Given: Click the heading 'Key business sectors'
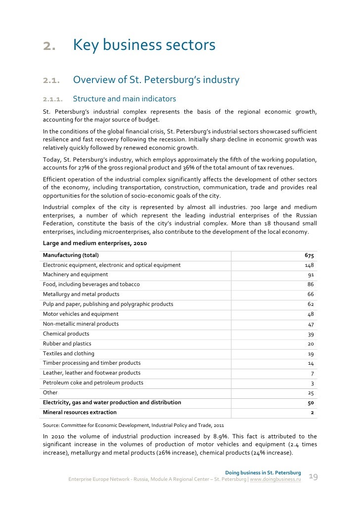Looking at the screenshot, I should coord(144,45).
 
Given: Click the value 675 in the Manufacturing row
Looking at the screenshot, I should coord(309,255).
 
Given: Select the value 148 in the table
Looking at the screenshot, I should coord(310,265).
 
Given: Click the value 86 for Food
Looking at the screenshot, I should coord(311,285).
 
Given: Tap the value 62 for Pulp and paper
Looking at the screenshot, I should coord(311,304).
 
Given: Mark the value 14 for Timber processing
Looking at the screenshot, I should coord(311,363).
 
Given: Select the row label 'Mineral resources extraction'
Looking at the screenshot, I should coord(80,412).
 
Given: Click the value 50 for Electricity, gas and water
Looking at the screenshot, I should coord(311,403).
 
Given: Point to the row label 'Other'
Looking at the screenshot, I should coord(50,392).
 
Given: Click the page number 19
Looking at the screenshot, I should coord(313,476).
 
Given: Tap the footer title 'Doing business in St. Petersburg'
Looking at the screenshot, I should coord(263,472).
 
